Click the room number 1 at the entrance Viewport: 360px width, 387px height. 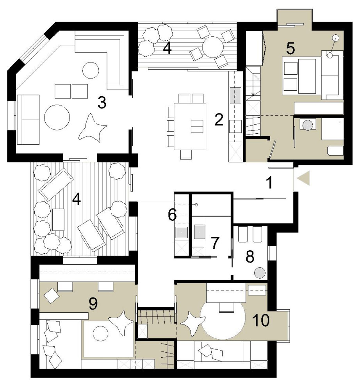tap(270, 183)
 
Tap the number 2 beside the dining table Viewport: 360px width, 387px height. tap(219, 120)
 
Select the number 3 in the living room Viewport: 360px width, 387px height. tap(102, 102)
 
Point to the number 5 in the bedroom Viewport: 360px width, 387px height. tap(290, 48)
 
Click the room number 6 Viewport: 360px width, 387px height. tap(172, 215)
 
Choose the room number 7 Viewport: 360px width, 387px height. tap(215, 243)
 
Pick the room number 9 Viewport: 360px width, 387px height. tap(93, 303)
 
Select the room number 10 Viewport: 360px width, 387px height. tap(261, 320)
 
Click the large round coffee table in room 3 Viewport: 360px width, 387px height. tap(57, 117)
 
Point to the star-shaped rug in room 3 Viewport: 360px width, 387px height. tap(92, 128)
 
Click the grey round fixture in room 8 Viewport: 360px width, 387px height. tap(260, 273)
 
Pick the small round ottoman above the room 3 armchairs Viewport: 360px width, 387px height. tap(91, 70)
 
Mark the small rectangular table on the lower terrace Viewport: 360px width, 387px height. tap(59, 220)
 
